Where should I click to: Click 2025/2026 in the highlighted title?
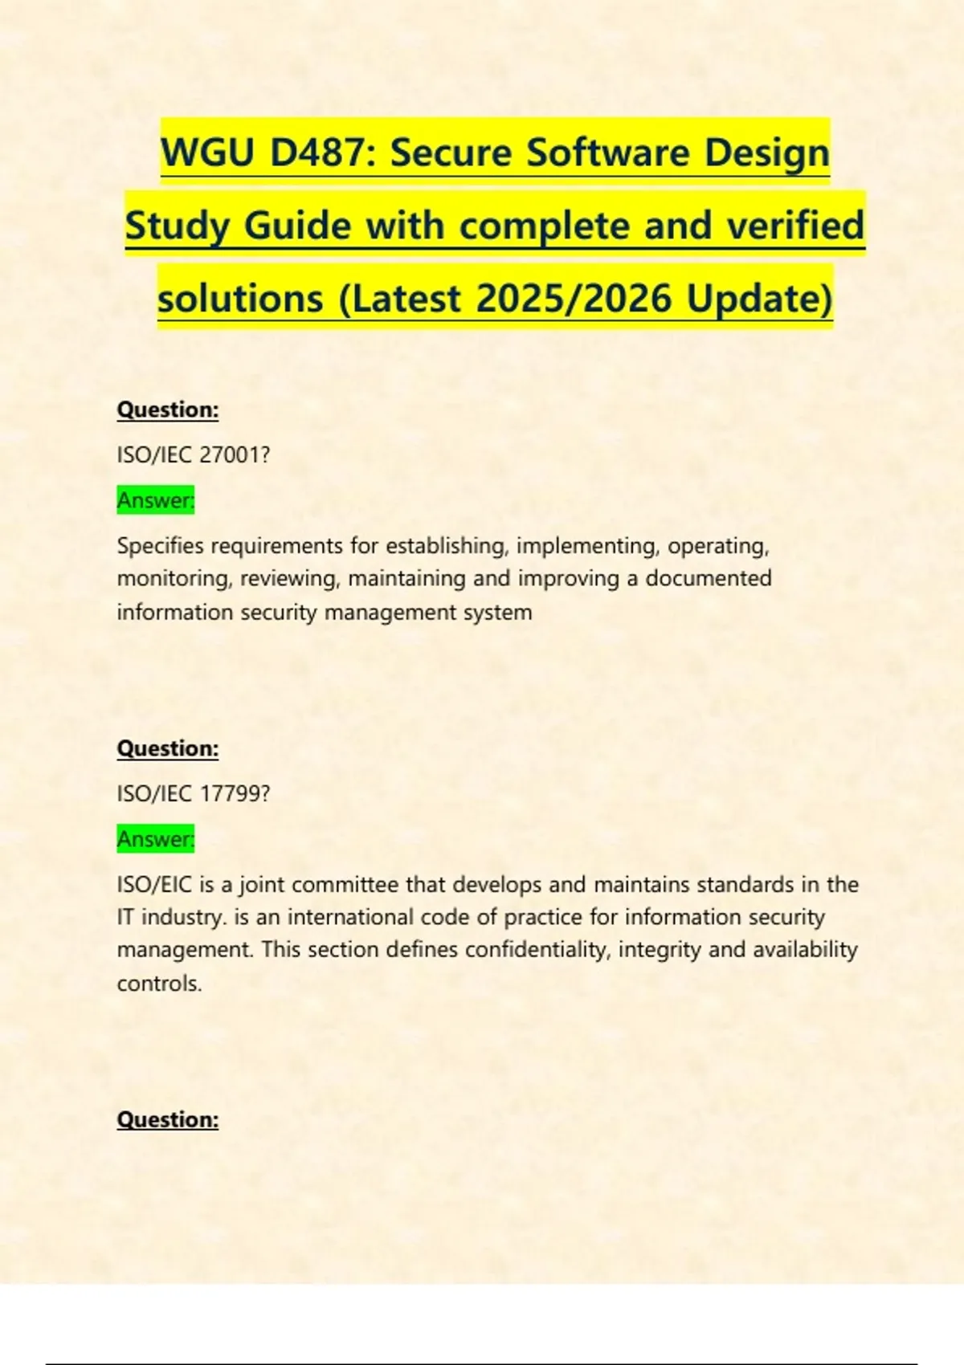[574, 299]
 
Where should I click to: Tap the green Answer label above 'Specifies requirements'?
[156, 500]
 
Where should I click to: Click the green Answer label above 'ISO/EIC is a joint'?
[156, 839]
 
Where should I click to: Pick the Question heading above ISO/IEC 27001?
[168, 409]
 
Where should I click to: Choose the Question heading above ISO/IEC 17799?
[168, 748]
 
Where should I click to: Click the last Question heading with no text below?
[168, 1119]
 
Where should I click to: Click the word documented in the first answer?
[709, 578]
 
